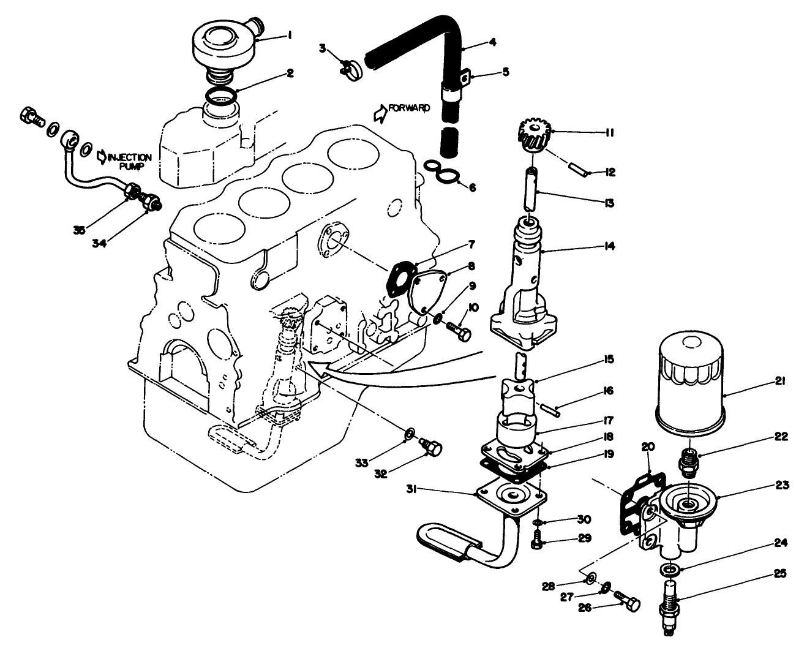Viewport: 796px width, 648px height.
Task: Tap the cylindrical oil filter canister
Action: (x=690, y=380)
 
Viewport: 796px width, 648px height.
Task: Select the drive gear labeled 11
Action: (x=532, y=137)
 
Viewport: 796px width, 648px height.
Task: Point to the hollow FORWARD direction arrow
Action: (x=380, y=112)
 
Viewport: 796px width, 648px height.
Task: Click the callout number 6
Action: (x=471, y=188)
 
